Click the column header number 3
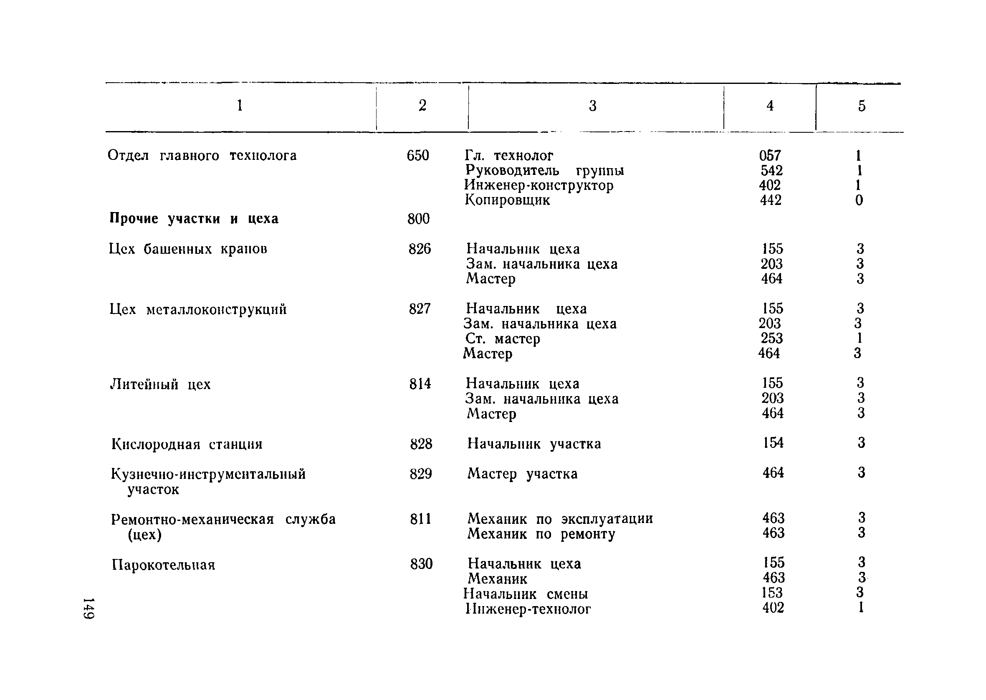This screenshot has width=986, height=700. coord(592,106)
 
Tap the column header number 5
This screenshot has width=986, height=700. coord(862,106)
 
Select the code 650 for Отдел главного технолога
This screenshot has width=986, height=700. coord(417,156)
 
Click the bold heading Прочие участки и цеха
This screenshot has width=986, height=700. coord(194,219)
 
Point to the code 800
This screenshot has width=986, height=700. coord(418,219)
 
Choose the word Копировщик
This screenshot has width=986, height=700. coord(507,200)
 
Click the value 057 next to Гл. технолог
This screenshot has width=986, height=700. coord(770,156)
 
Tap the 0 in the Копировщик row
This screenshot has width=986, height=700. coord(859,200)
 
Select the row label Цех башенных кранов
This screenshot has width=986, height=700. coord(188,249)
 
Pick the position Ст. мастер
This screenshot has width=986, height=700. coord(503,339)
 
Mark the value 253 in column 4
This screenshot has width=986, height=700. coord(771,339)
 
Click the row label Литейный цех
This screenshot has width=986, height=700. coord(160,384)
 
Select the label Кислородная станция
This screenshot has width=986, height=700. coord(187,444)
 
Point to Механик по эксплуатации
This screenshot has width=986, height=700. coord(560,518)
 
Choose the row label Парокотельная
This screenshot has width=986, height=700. coord(163,565)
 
